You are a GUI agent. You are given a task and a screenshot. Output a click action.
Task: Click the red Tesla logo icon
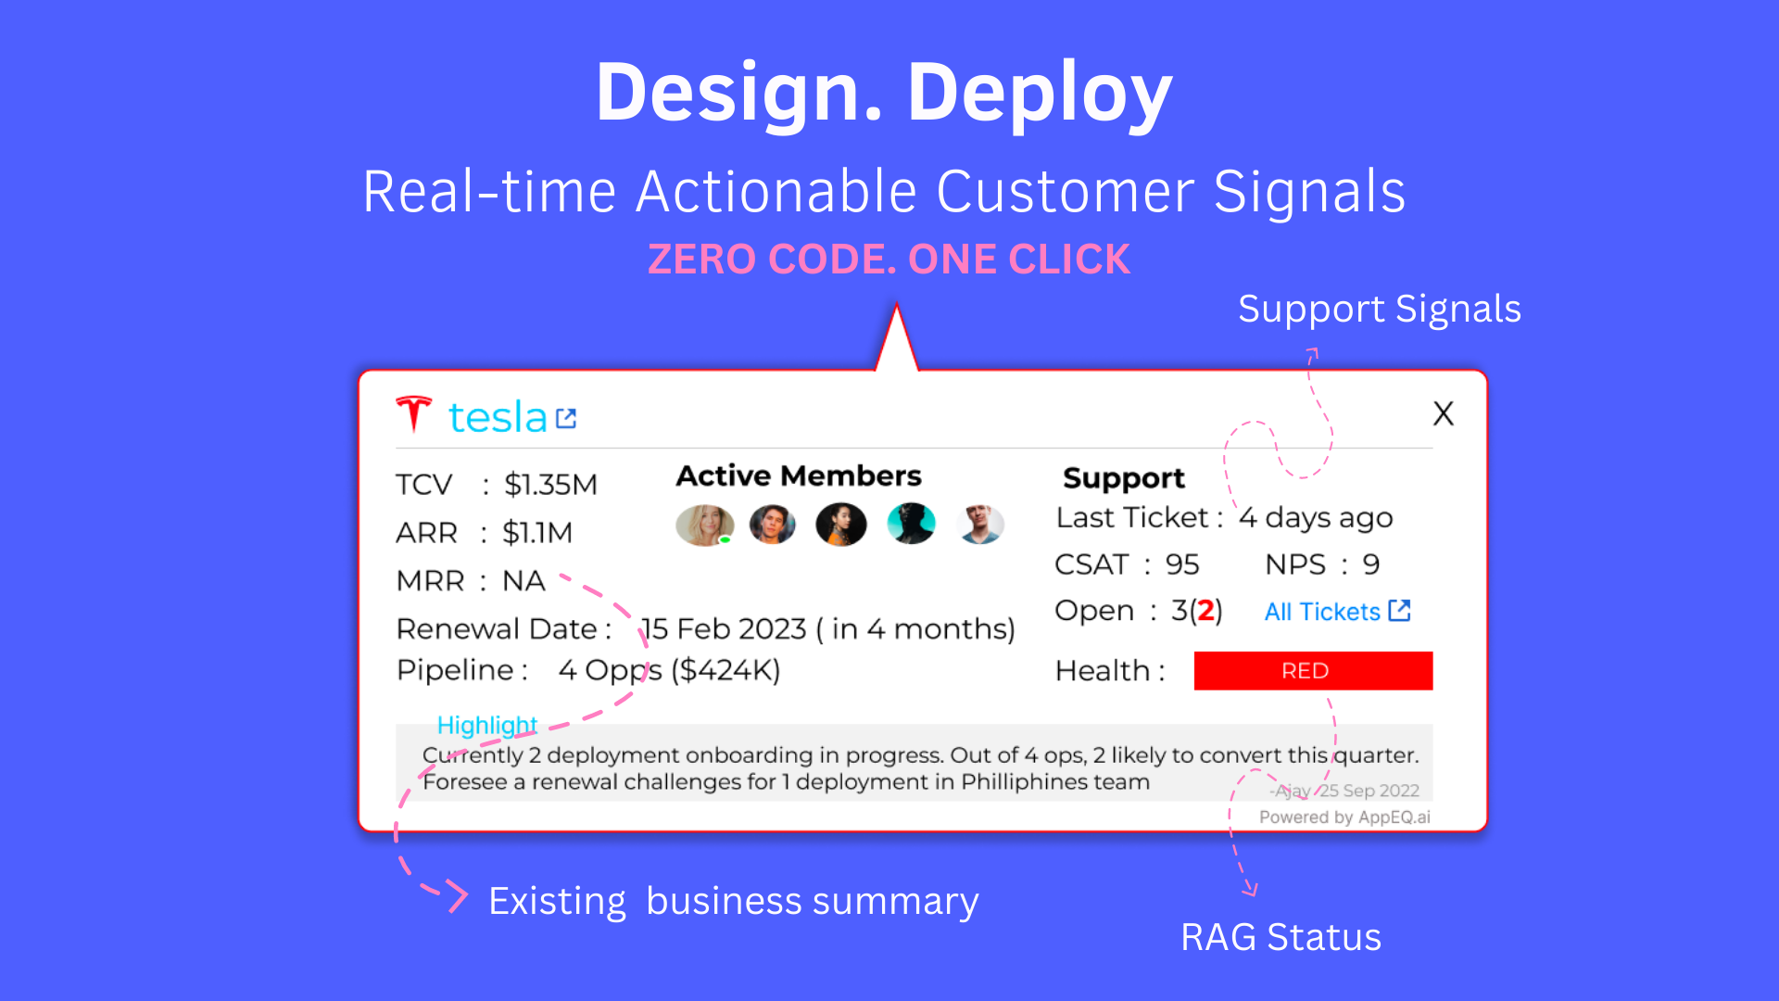pyautogui.click(x=413, y=413)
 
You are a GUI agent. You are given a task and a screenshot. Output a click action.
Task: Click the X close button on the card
pyautogui.click(x=1443, y=413)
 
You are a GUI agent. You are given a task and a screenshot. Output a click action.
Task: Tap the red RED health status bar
pyautogui.click(x=1312, y=670)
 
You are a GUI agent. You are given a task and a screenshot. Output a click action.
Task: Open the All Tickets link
pyautogui.click(x=1336, y=612)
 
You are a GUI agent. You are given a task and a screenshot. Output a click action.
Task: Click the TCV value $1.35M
pyautogui.click(x=550, y=485)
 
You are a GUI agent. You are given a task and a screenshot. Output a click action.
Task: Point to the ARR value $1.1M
pyautogui.click(x=536, y=533)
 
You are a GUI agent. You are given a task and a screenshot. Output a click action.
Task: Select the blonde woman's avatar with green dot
pyautogui.click(x=704, y=525)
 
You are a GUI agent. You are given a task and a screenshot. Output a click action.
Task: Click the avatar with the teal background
pyautogui.click(x=911, y=524)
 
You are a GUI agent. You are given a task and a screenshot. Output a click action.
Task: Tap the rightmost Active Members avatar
pyautogui.click(x=980, y=524)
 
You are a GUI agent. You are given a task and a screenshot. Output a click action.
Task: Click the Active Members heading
pyautogui.click(x=798, y=475)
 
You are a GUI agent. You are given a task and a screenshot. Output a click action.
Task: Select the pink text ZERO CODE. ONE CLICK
pyautogui.click(x=889, y=260)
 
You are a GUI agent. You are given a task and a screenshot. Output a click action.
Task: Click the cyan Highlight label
pyautogui.click(x=486, y=725)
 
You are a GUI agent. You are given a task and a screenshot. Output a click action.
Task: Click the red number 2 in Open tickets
pyautogui.click(x=1205, y=611)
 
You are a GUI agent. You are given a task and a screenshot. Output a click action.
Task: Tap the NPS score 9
pyautogui.click(x=1370, y=564)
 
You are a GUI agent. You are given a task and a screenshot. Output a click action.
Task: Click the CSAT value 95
pyautogui.click(x=1181, y=564)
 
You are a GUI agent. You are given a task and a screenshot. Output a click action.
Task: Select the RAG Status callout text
pyautogui.click(x=1281, y=937)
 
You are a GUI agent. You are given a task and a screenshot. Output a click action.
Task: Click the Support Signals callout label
pyautogui.click(x=1379, y=309)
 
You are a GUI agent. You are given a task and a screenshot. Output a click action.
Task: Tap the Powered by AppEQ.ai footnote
pyautogui.click(x=1344, y=817)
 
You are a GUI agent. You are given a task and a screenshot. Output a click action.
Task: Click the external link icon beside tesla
pyautogui.click(x=566, y=419)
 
